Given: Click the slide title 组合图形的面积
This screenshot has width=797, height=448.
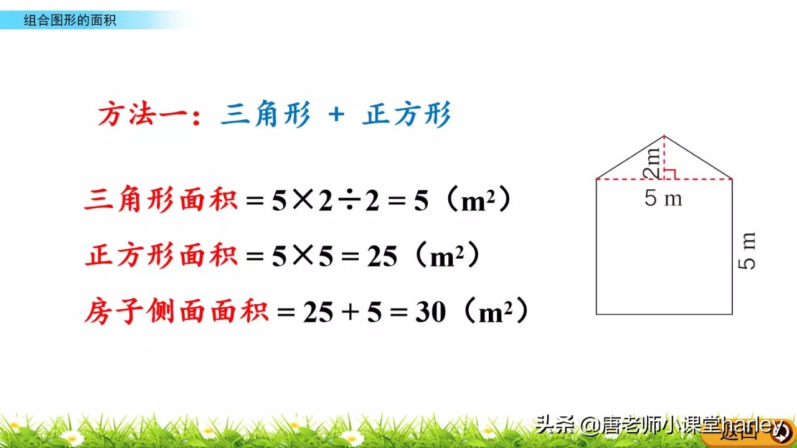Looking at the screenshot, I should pyautogui.click(x=70, y=21).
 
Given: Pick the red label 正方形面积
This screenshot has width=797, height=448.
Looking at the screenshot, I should pyautogui.click(x=161, y=256).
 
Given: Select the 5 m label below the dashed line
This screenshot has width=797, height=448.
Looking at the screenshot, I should pyautogui.click(x=663, y=198).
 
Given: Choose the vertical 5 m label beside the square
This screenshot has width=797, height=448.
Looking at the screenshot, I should pyautogui.click(x=747, y=251).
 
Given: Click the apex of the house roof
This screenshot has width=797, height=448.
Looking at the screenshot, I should pyautogui.click(x=664, y=136).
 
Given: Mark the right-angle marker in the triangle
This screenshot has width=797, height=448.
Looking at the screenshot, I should pyautogui.click(x=670, y=174).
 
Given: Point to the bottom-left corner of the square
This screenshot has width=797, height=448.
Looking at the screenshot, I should pyautogui.click(x=597, y=314).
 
